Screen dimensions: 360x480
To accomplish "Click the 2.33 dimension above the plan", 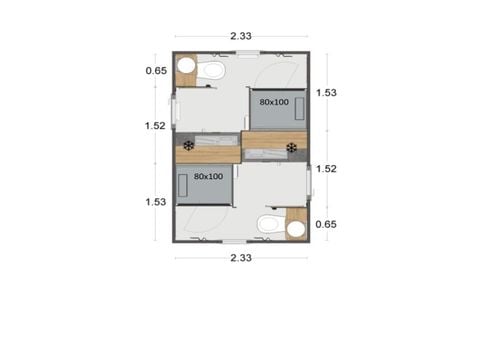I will (x=240, y=36).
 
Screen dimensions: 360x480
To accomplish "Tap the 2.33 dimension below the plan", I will (x=240, y=259).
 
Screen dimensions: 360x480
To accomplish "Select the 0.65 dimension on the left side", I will (x=155, y=71).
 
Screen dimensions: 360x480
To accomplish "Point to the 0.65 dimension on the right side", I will (x=324, y=225).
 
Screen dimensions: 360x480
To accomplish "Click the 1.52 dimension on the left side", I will (x=155, y=126).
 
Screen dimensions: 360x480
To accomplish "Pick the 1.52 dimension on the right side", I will (x=324, y=169).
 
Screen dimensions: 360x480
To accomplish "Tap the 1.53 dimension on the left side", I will (x=155, y=201).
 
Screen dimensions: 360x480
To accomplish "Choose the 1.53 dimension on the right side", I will (x=324, y=93).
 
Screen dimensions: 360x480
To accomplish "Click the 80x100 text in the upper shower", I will (x=274, y=102).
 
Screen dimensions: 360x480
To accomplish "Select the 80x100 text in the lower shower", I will (x=207, y=177).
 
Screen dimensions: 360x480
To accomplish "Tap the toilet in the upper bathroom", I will (x=211, y=70).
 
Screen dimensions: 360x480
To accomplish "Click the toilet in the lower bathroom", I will (x=268, y=225).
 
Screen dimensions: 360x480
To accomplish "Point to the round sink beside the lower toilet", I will (x=295, y=229).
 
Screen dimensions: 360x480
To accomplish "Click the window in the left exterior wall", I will (x=174, y=108).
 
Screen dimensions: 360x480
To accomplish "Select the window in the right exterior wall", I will (x=308, y=185).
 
